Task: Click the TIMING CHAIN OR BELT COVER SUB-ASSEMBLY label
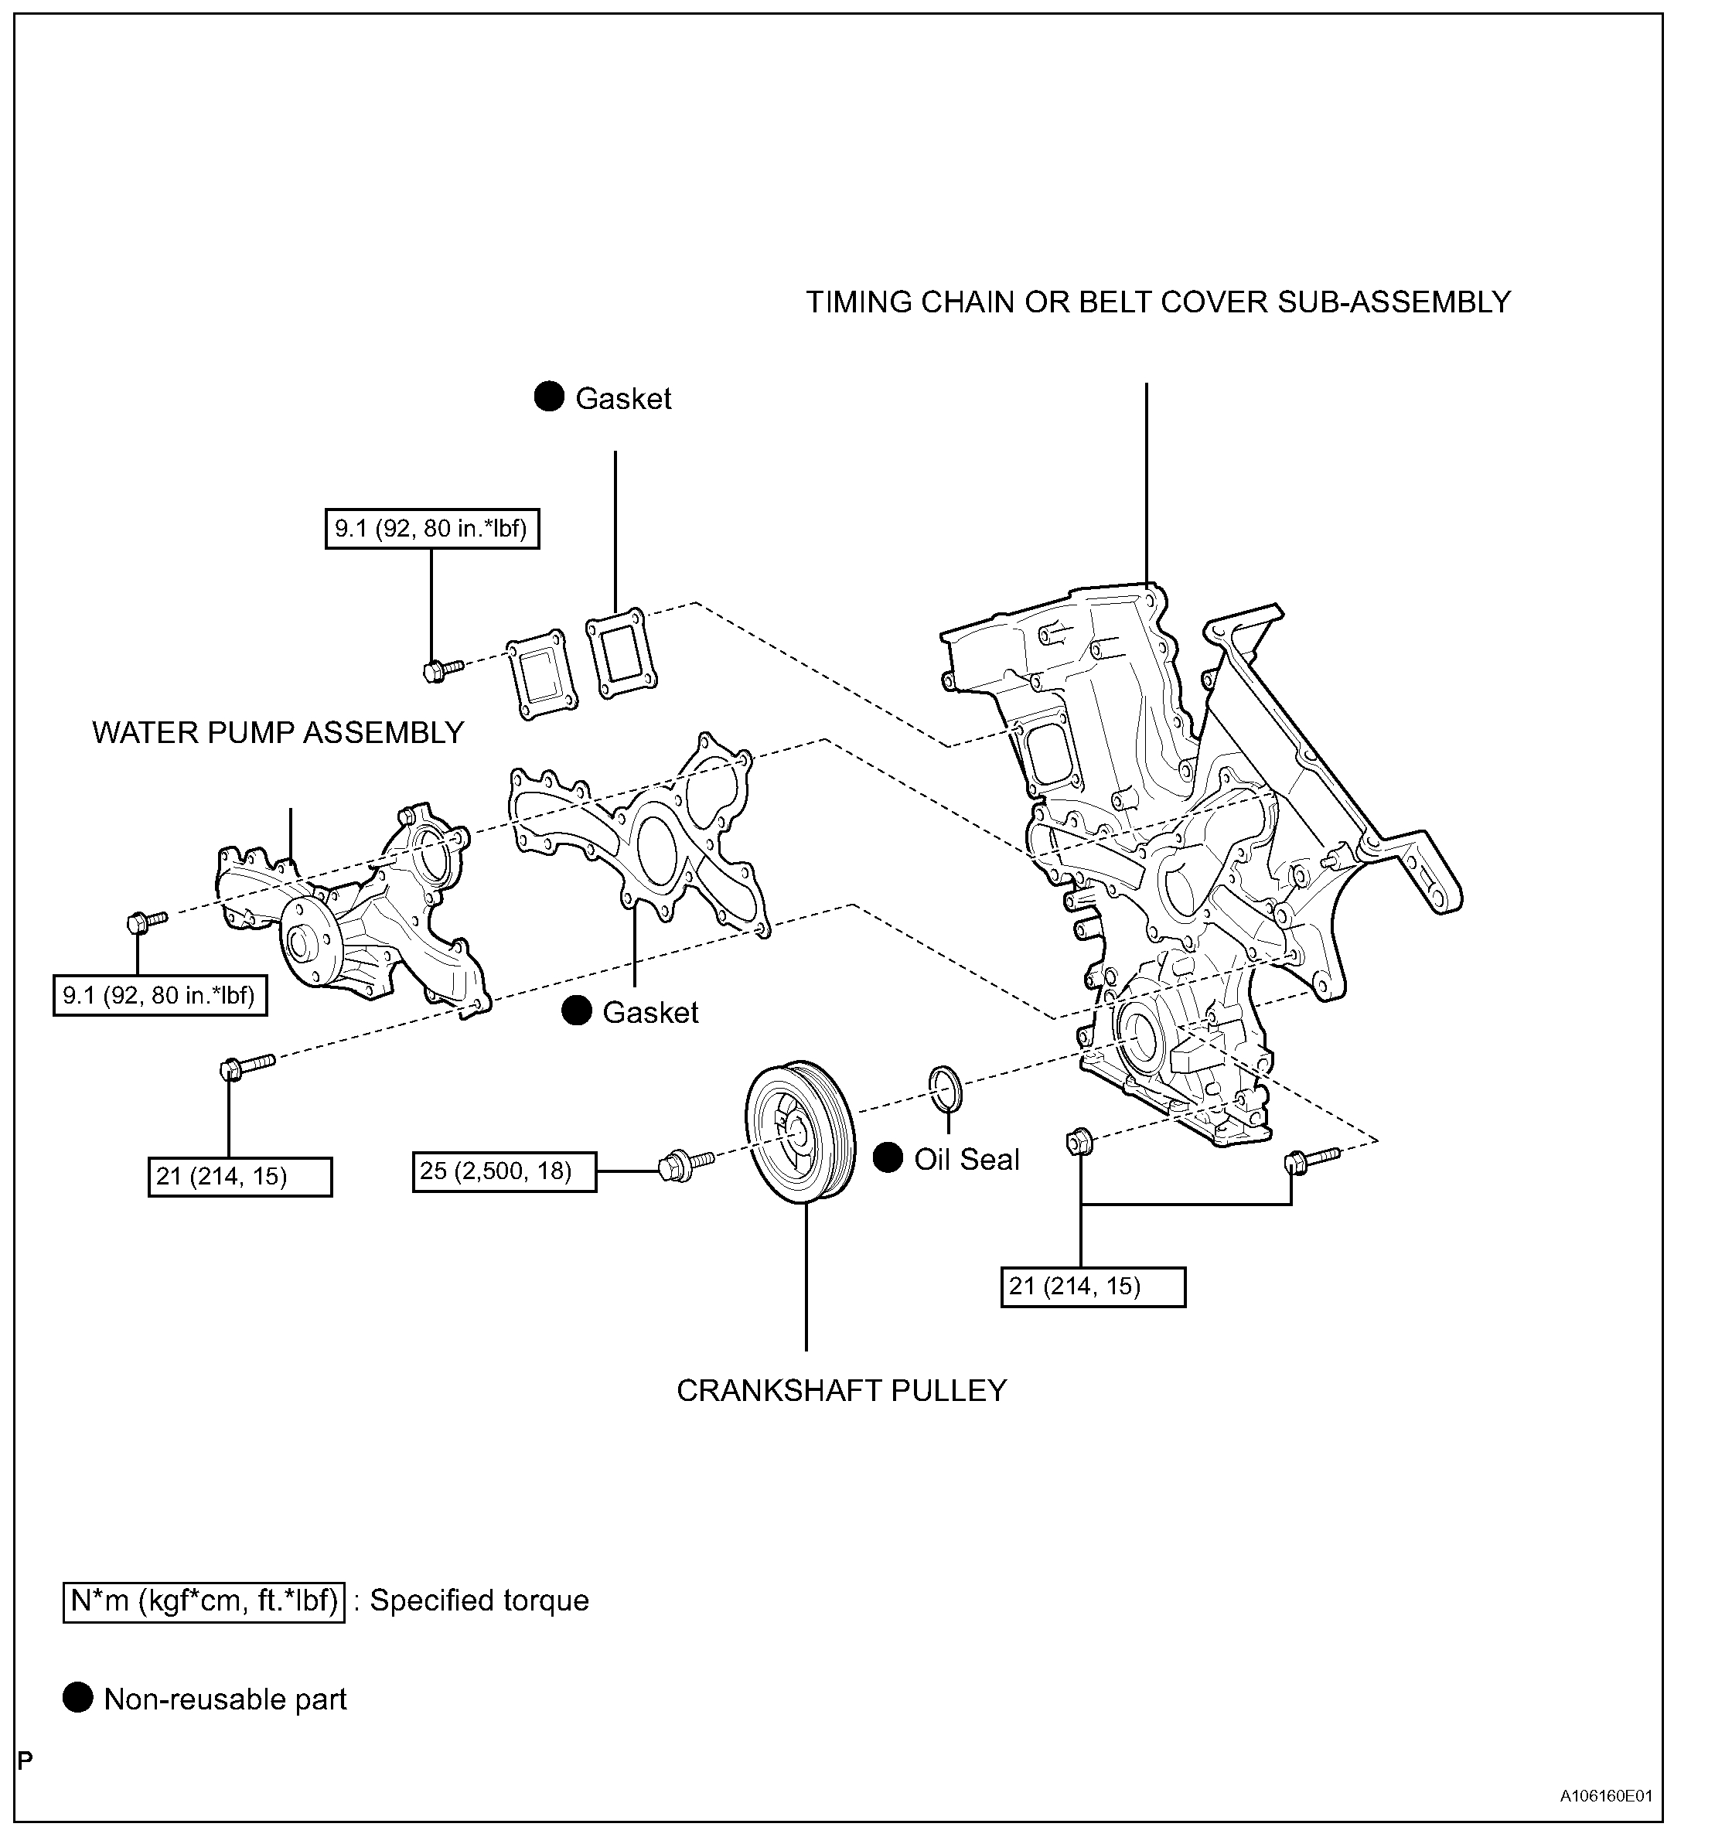pyautogui.click(x=1158, y=302)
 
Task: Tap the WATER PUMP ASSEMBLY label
pyautogui.click(x=278, y=733)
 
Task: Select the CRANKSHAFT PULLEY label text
pyautogui.click(x=841, y=1390)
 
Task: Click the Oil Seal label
pyautogui.click(x=967, y=1160)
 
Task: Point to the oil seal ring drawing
pyautogui.click(x=946, y=1088)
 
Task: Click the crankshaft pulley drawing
pyautogui.click(x=800, y=1132)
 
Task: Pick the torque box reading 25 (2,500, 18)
pyautogui.click(x=503, y=1171)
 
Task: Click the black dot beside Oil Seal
pyautogui.click(x=888, y=1157)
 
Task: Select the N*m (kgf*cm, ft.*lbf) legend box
pyautogui.click(x=204, y=1602)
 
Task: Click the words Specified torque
pyautogui.click(x=479, y=1602)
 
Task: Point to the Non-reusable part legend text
pyautogui.click(x=226, y=1700)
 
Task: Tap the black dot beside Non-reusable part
pyautogui.click(x=78, y=1699)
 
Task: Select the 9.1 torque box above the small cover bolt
pyautogui.click(x=431, y=529)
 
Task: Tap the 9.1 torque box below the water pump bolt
pyautogui.click(x=159, y=996)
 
